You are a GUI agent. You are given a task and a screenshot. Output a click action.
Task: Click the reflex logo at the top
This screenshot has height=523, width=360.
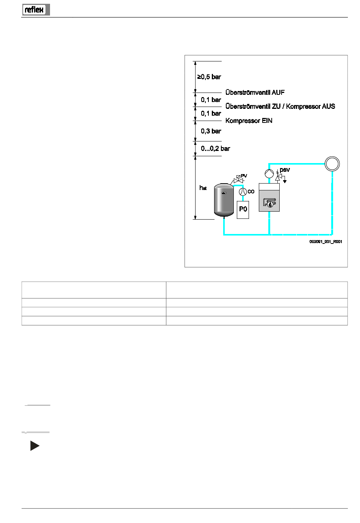tap(36, 9)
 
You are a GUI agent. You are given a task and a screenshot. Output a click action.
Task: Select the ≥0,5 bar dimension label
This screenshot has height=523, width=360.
tap(209, 77)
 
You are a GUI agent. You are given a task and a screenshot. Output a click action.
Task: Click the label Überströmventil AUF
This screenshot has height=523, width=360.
tap(255, 93)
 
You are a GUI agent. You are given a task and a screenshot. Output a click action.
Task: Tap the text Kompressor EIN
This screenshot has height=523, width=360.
tap(249, 121)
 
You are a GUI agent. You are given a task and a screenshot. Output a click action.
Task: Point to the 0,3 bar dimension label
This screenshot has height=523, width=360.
tap(211, 131)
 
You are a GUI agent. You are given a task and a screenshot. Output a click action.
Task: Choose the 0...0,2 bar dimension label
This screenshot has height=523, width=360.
tap(215, 149)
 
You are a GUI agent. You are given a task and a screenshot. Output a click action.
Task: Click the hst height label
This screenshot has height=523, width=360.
tap(203, 188)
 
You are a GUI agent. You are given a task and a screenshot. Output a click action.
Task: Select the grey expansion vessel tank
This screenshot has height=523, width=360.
tap(224, 200)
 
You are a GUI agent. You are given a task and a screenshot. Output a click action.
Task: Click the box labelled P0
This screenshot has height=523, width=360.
tap(243, 209)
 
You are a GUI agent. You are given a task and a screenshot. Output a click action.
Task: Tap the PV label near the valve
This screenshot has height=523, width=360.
tap(244, 176)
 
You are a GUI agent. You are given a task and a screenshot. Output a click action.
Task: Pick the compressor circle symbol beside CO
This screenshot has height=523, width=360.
tap(243, 192)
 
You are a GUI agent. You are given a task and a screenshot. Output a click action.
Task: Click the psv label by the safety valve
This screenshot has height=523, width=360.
tap(285, 170)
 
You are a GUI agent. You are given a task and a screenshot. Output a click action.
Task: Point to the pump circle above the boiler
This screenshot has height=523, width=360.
tap(269, 174)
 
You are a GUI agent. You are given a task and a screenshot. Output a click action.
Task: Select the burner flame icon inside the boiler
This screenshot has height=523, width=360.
tap(269, 203)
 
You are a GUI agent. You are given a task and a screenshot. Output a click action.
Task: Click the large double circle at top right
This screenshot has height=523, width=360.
tap(332, 164)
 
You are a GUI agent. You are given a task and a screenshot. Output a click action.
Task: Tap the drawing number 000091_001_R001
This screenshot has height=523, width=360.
tap(326, 242)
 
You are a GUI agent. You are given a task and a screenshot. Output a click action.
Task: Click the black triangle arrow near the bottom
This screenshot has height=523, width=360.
tap(34, 446)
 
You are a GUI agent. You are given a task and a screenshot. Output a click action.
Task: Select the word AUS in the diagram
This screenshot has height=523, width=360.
tap(329, 107)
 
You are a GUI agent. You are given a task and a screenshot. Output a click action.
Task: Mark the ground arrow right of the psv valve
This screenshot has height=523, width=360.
tap(285, 181)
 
